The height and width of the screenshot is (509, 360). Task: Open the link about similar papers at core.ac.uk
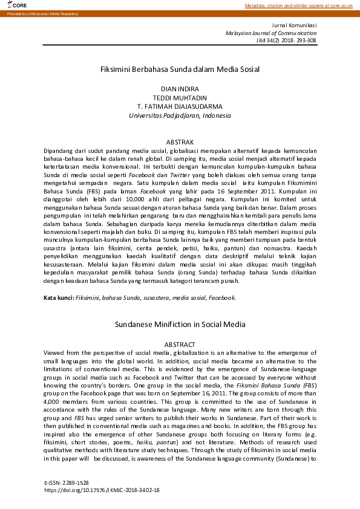(x=298, y=5)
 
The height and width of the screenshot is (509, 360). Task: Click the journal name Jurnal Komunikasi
(x=294, y=25)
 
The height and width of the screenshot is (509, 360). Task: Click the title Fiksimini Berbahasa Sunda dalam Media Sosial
(x=180, y=69)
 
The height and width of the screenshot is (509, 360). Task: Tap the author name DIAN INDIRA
(x=180, y=89)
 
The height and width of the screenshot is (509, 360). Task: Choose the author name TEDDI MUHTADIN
(x=180, y=97)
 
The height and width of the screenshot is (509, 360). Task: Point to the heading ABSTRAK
(x=180, y=141)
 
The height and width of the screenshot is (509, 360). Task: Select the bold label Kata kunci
(x=59, y=298)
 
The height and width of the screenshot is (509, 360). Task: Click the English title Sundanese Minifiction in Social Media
(x=180, y=325)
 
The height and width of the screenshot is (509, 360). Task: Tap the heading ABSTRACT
(x=180, y=344)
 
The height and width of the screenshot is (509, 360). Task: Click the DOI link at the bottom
(x=102, y=491)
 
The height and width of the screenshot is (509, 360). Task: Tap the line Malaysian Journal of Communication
(x=271, y=33)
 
